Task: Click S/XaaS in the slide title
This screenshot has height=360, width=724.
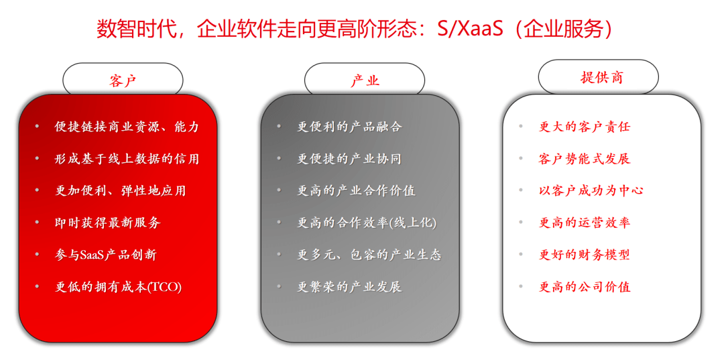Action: point(469,29)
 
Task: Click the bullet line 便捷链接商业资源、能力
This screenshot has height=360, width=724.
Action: point(127,127)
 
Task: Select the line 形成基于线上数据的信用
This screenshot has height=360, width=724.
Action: point(127,159)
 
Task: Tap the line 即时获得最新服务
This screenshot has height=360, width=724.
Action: point(107,223)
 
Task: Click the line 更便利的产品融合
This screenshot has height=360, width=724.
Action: point(349,127)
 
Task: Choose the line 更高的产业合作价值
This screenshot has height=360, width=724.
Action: point(356,190)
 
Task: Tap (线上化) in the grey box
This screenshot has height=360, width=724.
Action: point(413,223)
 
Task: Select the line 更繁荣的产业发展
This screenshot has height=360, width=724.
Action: point(349,287)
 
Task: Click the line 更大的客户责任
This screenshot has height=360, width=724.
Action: point(585,127)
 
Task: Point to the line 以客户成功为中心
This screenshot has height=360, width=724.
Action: point(591,190)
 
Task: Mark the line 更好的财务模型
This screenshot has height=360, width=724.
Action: point(585,254)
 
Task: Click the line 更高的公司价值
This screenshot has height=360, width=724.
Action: point(585,287)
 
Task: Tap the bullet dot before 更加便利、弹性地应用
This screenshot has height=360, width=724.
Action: point(38,190)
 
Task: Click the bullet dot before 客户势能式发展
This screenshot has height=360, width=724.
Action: point(522,158)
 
